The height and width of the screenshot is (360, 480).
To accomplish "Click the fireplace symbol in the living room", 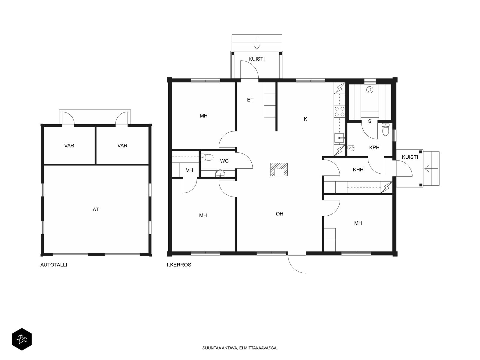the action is coord(279,169).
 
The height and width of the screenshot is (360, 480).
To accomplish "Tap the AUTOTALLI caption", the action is coord(54,265).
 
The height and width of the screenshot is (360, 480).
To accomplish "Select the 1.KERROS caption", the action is coord(179,265).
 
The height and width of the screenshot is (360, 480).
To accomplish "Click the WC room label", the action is coord(224,161).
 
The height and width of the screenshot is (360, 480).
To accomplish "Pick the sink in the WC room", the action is coord(220,174).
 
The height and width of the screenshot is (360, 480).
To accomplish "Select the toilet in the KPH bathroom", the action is coord(385,129).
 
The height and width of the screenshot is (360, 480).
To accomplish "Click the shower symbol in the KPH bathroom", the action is coord(351,148).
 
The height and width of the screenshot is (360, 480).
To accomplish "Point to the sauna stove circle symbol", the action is coord(370,89).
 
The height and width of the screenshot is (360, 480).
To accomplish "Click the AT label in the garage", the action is coord(96,210).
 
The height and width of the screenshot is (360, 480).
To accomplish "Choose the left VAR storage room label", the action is coord(69,145).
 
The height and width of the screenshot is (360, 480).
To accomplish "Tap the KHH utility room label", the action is coord(358,169).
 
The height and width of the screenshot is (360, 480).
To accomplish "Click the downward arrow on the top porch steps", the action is coord(257,43).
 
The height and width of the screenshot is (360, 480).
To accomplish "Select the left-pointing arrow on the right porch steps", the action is coord(431,169).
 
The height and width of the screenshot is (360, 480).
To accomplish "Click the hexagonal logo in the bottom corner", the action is coord(22,339).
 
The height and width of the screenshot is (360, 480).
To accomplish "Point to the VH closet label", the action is coord(189,170).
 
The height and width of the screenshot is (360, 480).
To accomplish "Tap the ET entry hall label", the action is coord(250,100).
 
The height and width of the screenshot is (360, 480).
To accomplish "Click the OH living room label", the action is coord(280,214).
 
